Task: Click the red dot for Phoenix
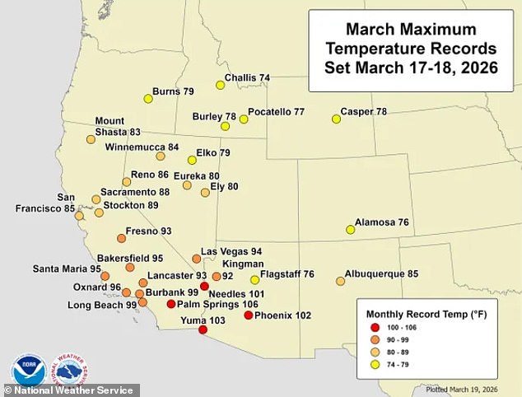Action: click(x=249, y=315)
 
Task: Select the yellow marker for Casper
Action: click(x=336, y=119)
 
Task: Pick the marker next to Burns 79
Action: click(x=148, y=99)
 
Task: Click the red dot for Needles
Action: click(x=204, y=286)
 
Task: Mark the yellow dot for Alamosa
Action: click(x=350, y=230)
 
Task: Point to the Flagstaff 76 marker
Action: click(x=254, y=279)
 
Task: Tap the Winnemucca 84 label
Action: click(x=142, y=147)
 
